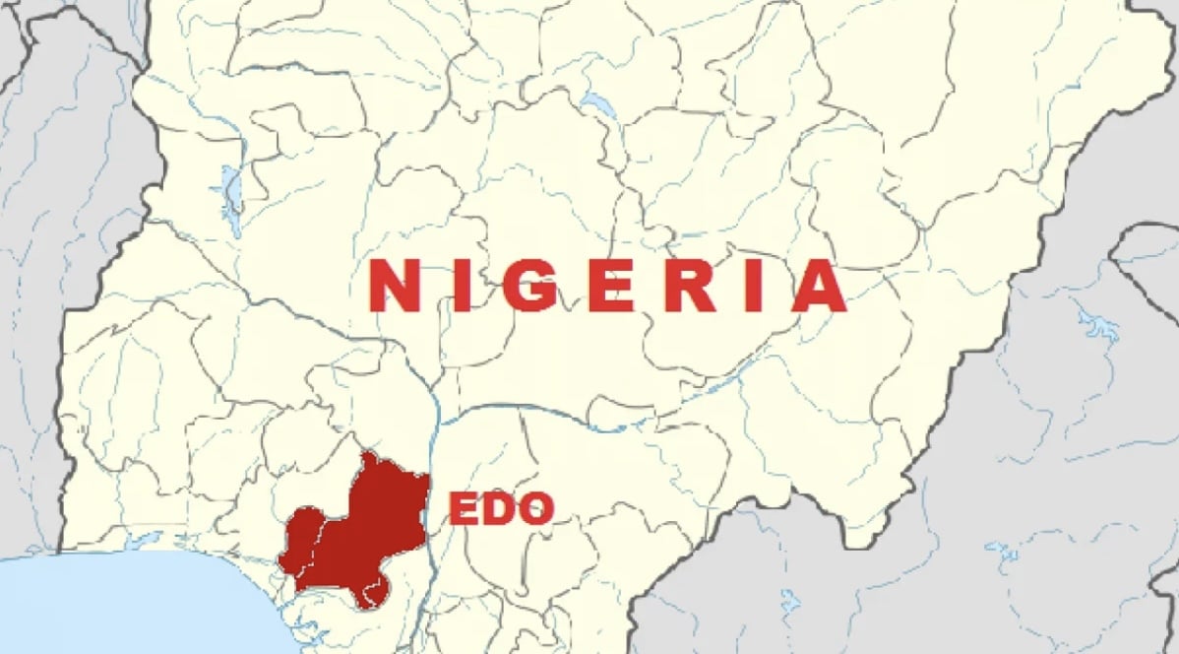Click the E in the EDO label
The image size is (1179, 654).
pyautogui.click(x=465, y=509)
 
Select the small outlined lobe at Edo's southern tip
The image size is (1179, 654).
pyautogui.click(x=376, y=592)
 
